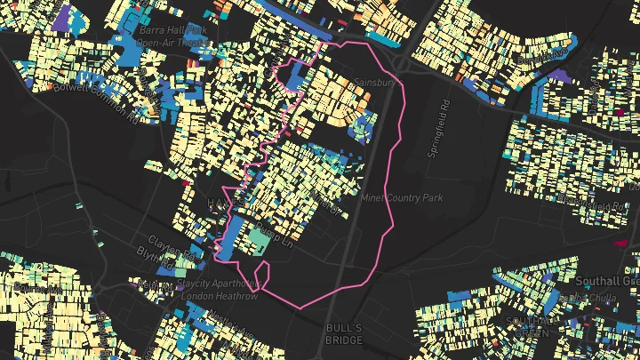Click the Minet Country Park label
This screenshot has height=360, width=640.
point(402,197)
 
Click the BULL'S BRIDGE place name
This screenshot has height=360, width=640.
point(344,333)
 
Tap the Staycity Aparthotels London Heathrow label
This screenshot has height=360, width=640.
point(219,290)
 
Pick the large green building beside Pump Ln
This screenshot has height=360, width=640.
point(257,238)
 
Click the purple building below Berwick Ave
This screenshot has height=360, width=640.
point(561,76)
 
